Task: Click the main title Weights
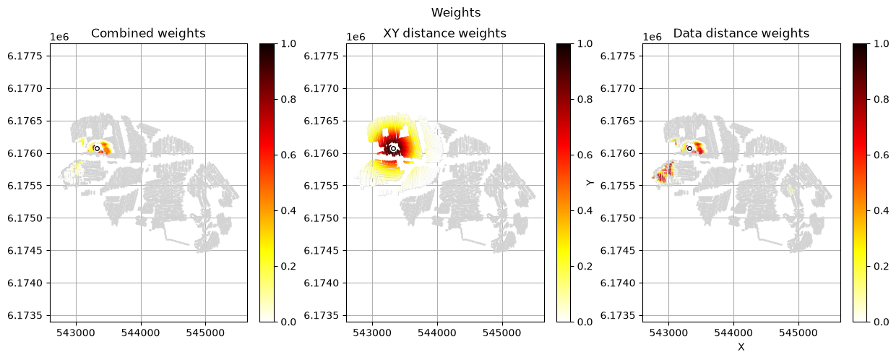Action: tap(456, 13)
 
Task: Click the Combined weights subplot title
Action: tap(148, 33)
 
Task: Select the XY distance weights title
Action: tap(445, 33)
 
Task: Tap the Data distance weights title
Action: tap(741, 33)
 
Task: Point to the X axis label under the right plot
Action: tap(741, 347)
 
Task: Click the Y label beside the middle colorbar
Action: tap(590, 183)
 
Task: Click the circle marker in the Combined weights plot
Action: tap(97, 148)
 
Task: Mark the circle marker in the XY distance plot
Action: tap(394, 148)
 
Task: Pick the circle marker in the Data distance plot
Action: tap(689, 148)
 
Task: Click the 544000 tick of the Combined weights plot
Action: tap(141, 333)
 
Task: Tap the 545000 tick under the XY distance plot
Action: tap(502, 333)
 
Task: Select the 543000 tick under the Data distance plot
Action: tap(669, 333)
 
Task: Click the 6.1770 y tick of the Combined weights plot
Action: tap(25, 88)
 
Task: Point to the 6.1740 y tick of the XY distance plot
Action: tap(322, 283)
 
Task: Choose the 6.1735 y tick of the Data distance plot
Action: tap(618, 316)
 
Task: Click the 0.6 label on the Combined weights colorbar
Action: tap(288, 155)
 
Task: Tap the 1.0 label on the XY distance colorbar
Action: tap(585, 43)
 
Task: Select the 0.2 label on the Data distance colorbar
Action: tap(882, 267)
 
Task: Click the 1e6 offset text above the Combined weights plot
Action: tap(59, 37)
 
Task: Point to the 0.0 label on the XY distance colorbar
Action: tap(585, 322)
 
